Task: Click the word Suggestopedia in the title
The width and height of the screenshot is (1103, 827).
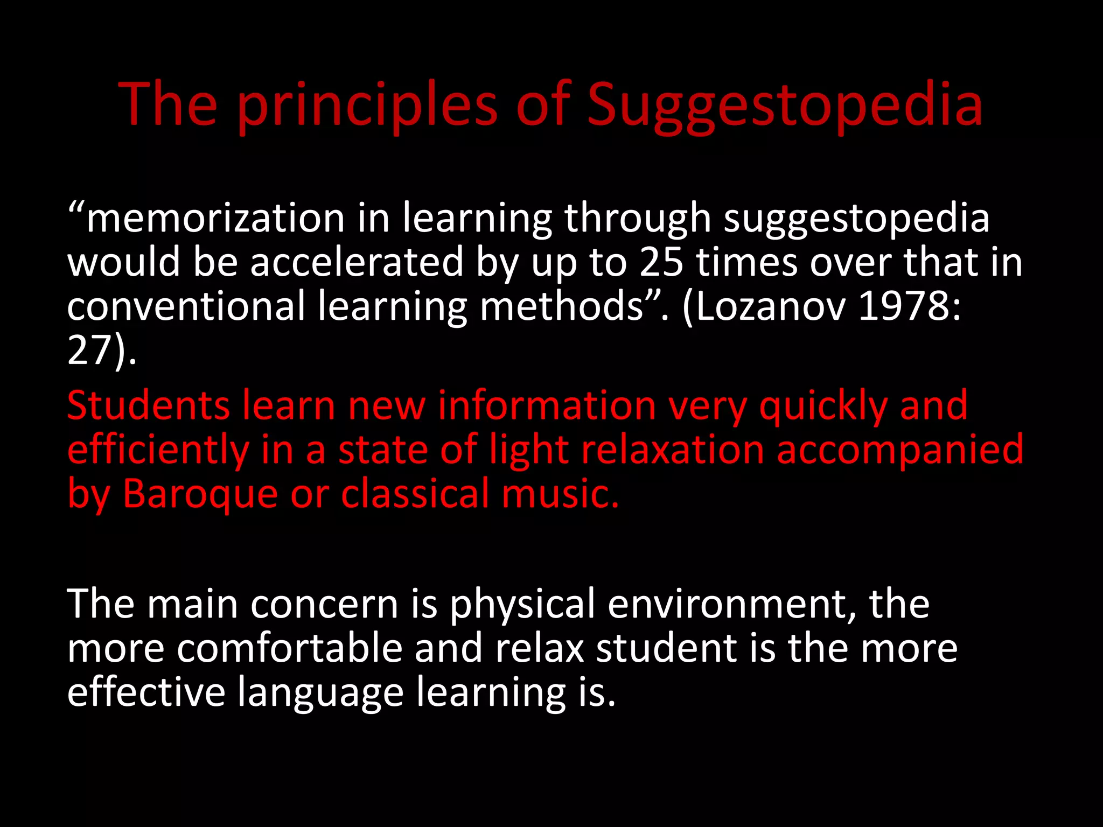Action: tap(785, 105)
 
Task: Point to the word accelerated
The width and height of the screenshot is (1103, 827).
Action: tap(357, 262)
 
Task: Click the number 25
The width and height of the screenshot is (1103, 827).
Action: tap(661, 262)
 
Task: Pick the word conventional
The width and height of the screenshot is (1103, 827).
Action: tap(186, 306)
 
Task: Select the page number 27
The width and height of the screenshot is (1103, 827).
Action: tap(89, 351)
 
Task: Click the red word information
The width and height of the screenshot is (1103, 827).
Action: tap(547, 405)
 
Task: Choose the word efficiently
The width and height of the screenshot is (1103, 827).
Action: tap(158, 450)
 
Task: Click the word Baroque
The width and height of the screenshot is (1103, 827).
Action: tap(200, 494)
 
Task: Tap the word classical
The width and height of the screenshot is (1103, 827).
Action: tap(415, 494)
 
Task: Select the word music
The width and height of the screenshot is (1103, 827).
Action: tap(560, 494)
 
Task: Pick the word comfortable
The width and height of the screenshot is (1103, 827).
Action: tap(290, 648)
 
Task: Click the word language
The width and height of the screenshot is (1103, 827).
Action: tap(320, 692)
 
